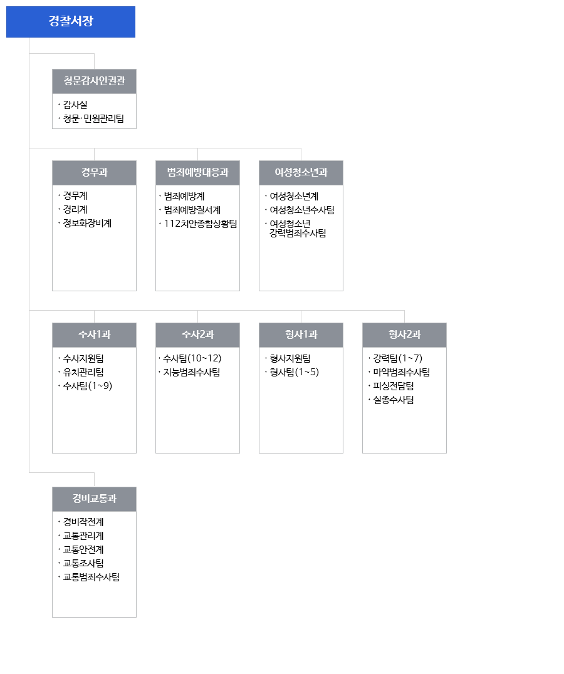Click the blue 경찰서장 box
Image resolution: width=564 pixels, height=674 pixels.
pyautogui.click(x=70, y=22)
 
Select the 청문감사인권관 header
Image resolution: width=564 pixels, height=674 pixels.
pyautogui.click(x=94, y=81)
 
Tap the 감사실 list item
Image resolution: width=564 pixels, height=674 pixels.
pyautogui.click(x=75, y=105)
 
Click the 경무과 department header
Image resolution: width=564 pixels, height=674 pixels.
pyautogui.click(x=94, y=173)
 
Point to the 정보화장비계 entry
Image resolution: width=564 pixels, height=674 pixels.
pyautogui.click(x=87, y=223)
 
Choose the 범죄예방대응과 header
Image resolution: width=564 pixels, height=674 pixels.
pyautogui.click(x=198, y=173)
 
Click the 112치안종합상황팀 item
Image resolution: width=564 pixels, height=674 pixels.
pyautogui.click(x=201, y=224)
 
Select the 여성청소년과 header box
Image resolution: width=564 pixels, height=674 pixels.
pyautogui.click(x=301, y=173)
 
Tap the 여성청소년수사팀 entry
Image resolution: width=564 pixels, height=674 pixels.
pyautogui.click(x=302, y=210)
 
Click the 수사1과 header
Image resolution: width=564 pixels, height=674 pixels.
pyautogui.click(x=94, y=335)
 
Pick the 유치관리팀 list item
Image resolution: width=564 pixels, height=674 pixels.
pyautogui.click(x=83, y=372)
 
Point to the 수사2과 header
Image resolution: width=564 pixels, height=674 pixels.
pyautogui.click(x=198, y=335)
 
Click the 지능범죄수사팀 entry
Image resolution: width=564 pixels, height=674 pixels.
pyautogui.click(x=192, y=372)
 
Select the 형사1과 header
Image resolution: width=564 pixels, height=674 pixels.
pyautogui.click(x=301, y=335)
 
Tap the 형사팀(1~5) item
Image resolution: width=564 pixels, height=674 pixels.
pyautogui.click(x=295, y=372)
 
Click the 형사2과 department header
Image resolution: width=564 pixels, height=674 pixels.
pyautogui.click(x=405, y=335)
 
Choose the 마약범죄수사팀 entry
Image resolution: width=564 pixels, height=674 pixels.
pyautogui.click(x=402, y=372)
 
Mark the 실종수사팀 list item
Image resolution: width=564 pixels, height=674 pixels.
pyautogui.click(x=394, y=400)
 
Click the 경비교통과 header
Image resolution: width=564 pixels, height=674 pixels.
pyautogui.click(x=94, y=499)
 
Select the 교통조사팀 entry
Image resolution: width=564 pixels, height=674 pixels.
pyautogui.click(x=83, y=563)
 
